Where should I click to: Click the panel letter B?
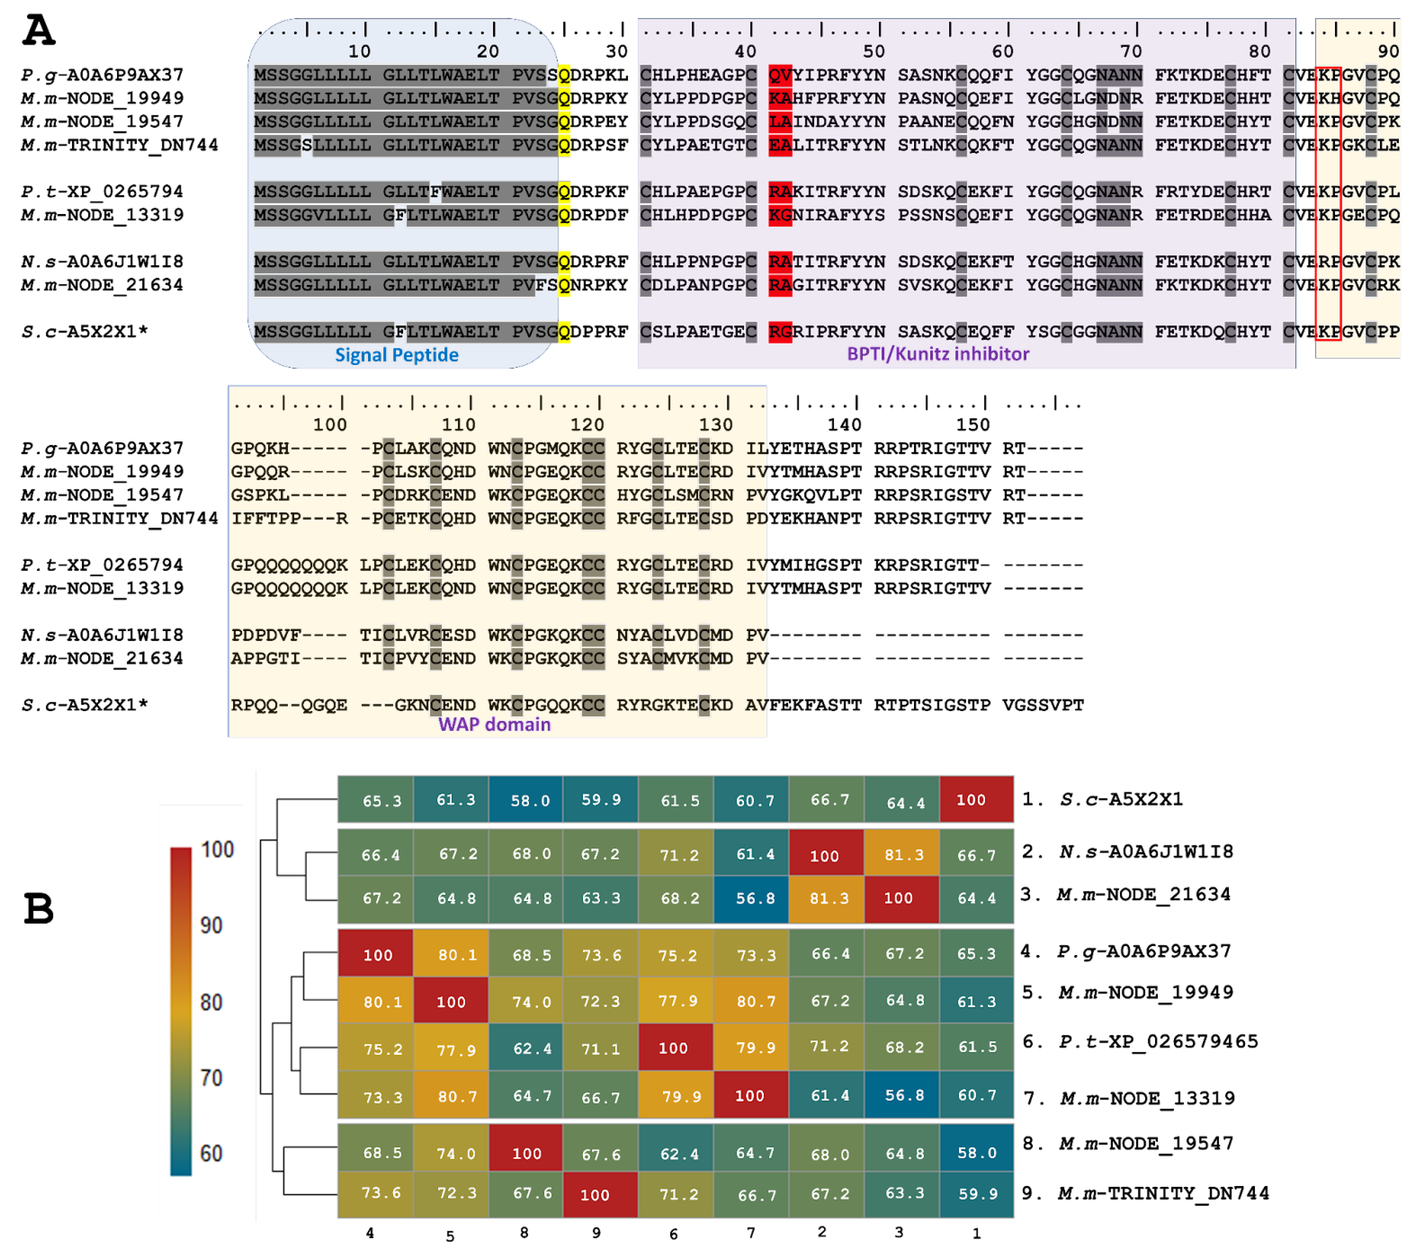click(39, 909)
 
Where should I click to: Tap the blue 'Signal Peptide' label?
click(397, 355)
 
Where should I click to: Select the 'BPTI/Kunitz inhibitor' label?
click(938, 354)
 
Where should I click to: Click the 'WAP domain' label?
click(494, 725)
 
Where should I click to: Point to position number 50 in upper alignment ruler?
click(873, 52)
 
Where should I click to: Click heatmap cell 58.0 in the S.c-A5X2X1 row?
click(530, 800)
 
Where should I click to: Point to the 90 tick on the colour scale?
click(211, 926)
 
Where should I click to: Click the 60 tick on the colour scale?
click(211, 1154)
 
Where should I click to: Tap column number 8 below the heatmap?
click(524, 1233)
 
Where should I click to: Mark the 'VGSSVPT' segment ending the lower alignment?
click(1043, 705)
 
